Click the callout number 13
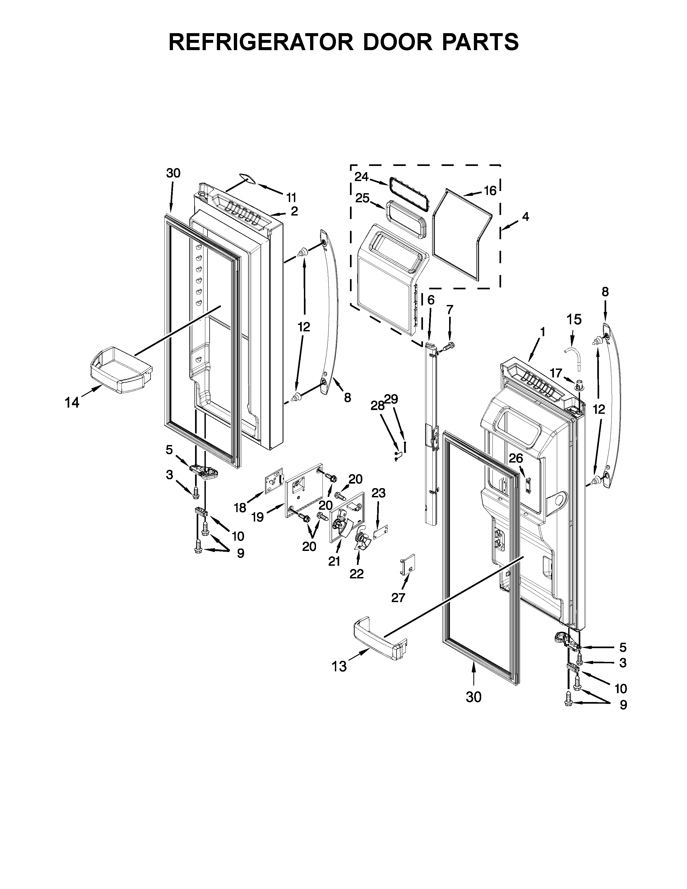[339, 666]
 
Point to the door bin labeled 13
[380, 643]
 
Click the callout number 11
[291, 198]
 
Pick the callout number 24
[361, 177]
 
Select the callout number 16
[490, 190]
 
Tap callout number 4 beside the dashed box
[525, 217]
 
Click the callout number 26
[516, 458]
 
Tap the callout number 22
[356, 574]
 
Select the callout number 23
[379, 493]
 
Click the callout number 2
[294, 211]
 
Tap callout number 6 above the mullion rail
[431, 300]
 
